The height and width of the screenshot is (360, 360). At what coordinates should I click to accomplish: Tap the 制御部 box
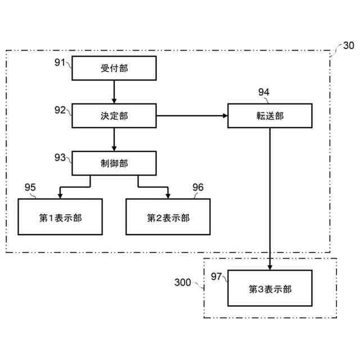click(x=114, y=163)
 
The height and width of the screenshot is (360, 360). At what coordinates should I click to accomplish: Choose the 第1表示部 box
click(x=60, y=217)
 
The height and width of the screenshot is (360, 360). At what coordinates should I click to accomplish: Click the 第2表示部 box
click(x=168, y=217)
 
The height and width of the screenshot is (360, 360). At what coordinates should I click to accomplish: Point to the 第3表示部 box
click(x=270, y=289)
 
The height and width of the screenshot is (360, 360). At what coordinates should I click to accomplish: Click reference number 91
click(x=60, y=62)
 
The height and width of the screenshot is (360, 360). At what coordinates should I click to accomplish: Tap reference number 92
click(x=60, y=110)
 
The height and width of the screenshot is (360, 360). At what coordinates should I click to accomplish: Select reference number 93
click(x=60, y=157)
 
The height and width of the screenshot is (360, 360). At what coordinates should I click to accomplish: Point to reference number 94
click(x=264, y=92)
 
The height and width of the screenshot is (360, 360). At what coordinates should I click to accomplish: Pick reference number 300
click(x=183, y=282)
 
